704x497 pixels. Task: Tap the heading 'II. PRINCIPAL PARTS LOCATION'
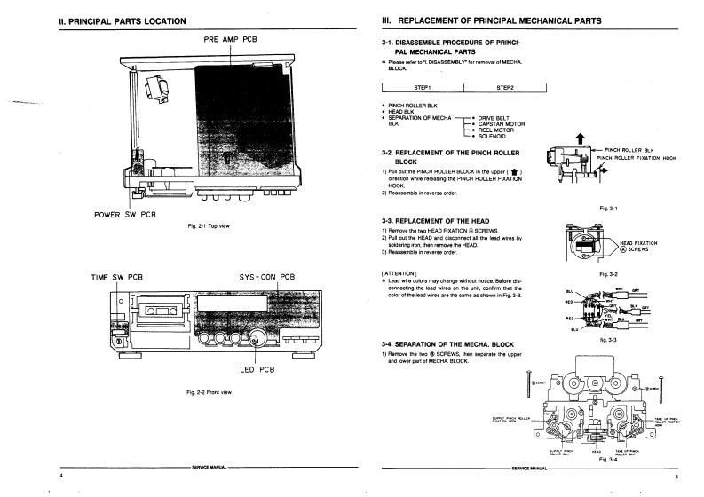[x=123, y=20]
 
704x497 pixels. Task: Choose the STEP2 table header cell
[x=506, y=87]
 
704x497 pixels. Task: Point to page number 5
[x=676, y=477]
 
